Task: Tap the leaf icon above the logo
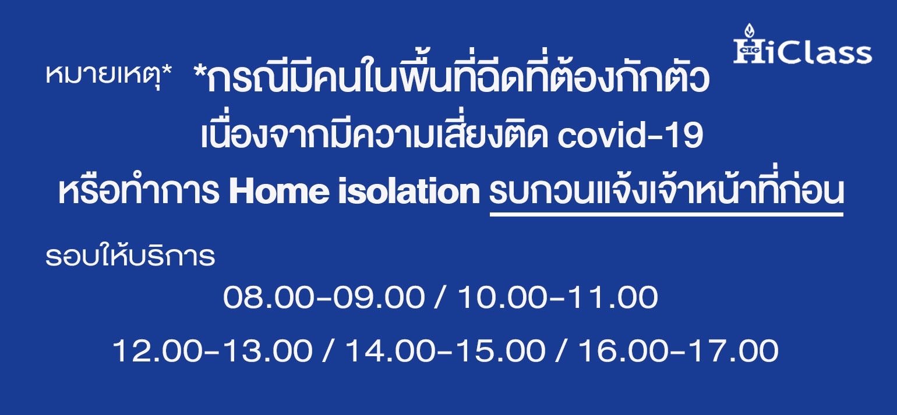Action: (x=749, y=31)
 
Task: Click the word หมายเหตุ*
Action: (x=109, y=75)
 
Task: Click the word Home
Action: (x=278, y=191)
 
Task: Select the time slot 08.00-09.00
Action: (x=324, y=297)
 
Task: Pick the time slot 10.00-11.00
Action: (x=557, y=297)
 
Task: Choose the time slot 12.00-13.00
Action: (x=212, y=350)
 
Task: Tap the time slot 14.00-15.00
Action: (x=445, y=350)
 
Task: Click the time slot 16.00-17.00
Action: (x=679, y=350)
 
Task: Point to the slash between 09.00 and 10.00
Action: (x=441, y=297)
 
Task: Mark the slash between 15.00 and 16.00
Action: (x=562, y=350)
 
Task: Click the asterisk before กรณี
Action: (x=199, y=71)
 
